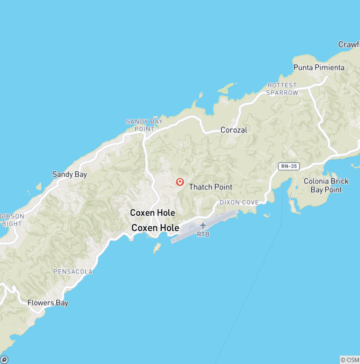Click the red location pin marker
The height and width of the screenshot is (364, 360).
point(180,182)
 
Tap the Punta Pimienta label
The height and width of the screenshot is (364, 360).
point(319,68)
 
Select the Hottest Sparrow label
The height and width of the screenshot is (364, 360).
point(282,89)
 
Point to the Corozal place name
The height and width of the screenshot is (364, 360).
point(233,130)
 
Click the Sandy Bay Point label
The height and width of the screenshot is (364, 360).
point(144,125)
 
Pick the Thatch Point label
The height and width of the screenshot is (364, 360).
point(210,187)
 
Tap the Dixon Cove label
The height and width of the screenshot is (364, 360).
point(239,202)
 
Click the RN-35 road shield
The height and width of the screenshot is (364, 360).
point(288,166)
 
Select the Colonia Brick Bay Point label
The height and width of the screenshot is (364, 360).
point(326,185)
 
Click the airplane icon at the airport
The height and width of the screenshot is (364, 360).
point(203,226)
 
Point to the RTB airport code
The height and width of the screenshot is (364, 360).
point(203,234)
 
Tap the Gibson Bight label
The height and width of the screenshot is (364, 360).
point(12,220)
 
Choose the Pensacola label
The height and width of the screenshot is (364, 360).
point(73,272)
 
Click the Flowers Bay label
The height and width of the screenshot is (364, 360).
point(48,303)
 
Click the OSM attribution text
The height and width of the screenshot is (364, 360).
point(350,360)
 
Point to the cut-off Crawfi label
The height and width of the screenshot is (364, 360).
point(349,45)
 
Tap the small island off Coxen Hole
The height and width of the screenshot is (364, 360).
point(157,248)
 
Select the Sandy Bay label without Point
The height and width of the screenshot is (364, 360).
point(69,174)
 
